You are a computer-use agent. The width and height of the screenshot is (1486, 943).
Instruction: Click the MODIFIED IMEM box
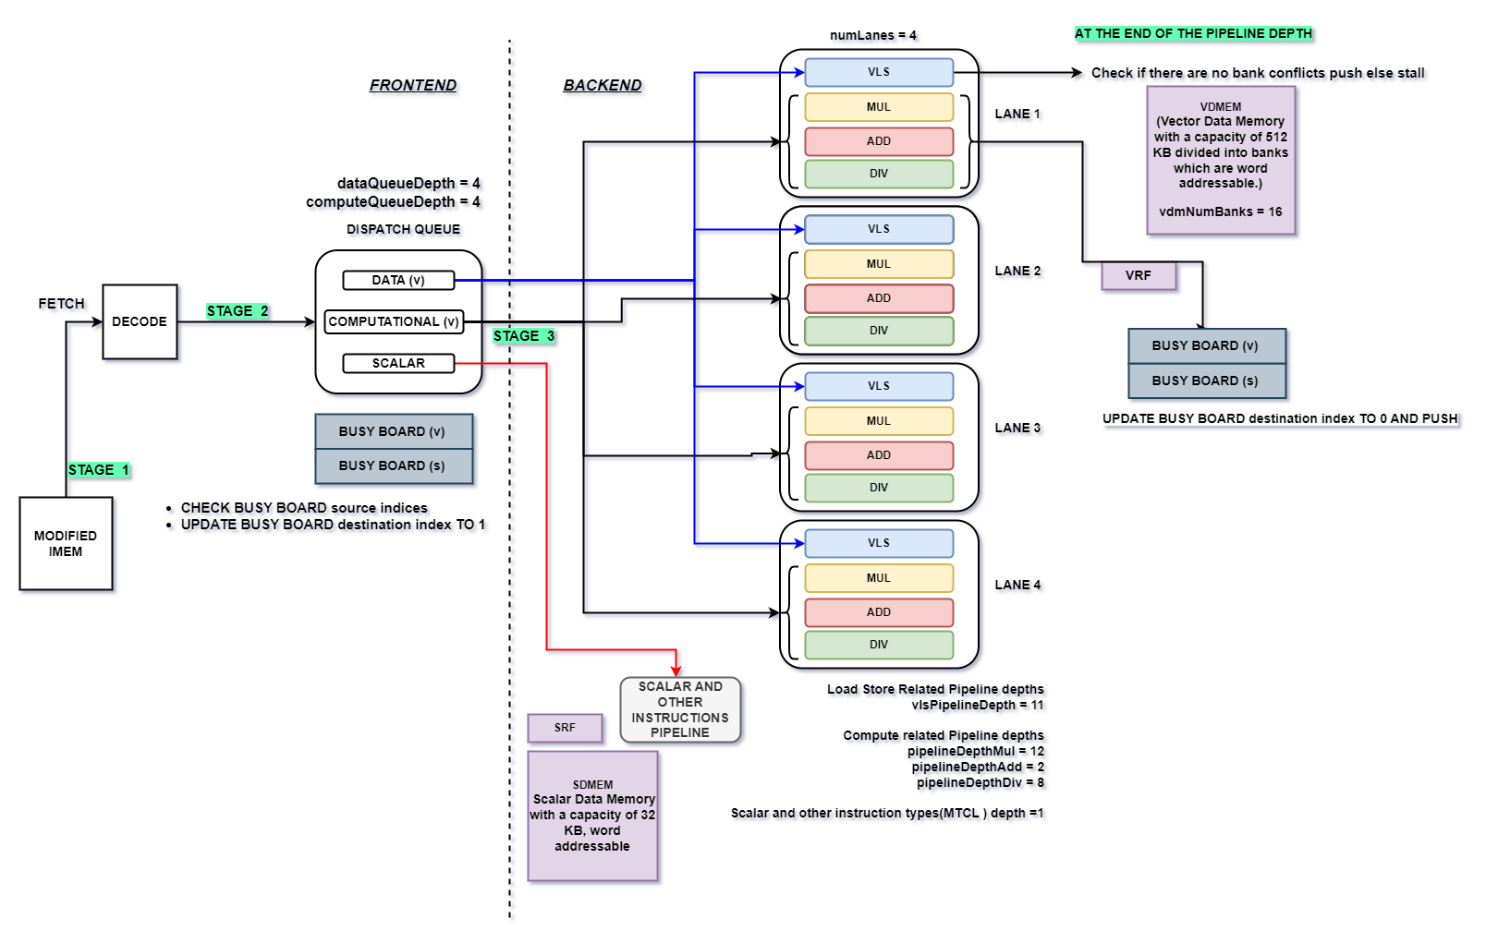(x=66, y=543)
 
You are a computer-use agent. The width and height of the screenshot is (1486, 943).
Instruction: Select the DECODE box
(x=140, y=321)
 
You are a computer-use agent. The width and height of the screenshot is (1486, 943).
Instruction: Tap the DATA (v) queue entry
(x=398, y=280)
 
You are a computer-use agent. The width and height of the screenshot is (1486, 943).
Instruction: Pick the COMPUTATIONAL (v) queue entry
(x=394, y=321)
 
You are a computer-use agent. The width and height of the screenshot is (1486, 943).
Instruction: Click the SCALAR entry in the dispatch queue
(x=398, y=363)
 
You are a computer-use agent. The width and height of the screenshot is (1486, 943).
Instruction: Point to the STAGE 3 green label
(x=524, y=336)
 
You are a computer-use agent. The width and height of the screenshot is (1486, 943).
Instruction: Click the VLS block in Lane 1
(x=878, y=72)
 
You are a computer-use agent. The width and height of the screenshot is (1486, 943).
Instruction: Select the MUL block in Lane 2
(x=878, y=264)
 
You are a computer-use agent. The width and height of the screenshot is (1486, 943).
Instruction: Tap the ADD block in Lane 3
(x=878, y=455)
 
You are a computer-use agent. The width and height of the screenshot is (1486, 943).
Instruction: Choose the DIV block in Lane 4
(x=878, y=645)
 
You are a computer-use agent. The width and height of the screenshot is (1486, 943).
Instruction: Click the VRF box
(x=1139, y=275)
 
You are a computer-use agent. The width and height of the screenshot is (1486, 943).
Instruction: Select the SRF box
(x=565, y=728)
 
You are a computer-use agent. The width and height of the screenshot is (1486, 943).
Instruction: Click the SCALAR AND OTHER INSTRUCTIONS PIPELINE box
(x=680, y=709)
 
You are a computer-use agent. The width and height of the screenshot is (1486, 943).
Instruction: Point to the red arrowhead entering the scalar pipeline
(x=676, y=671)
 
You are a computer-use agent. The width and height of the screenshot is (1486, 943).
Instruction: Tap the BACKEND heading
(x=603, y=85)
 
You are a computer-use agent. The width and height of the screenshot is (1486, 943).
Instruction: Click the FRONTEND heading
(x=413, y=85)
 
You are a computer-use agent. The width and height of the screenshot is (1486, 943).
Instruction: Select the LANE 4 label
(x=1017, y=585)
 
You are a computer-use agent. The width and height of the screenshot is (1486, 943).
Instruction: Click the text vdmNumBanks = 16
(x=1220, y=212)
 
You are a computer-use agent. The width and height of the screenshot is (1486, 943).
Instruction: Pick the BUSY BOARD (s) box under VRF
(x=1206, y=381)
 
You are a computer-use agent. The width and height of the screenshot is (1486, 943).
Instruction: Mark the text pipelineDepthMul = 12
(x=975, y=751)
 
